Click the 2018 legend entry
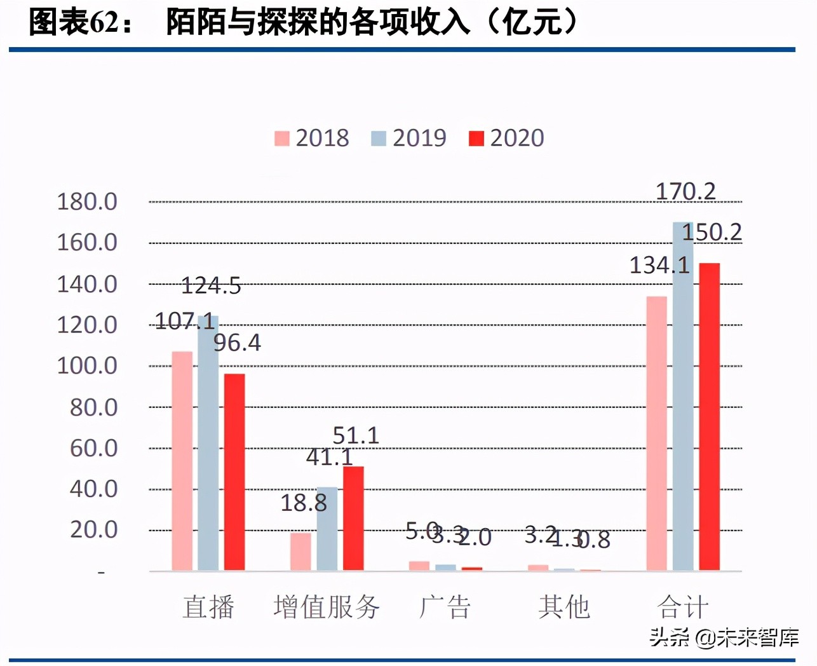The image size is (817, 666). pos(312,138)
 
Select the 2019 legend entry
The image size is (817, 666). pos(408,138)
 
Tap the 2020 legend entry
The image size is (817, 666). pos(506,138)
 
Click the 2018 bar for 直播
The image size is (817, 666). pos(182,461)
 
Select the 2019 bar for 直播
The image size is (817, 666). pos(208,443)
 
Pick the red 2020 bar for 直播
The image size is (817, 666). pos(234,472)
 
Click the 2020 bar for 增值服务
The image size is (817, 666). pos(353,518)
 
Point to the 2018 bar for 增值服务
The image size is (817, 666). pos(301,551)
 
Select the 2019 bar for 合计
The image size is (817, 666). pos(683,396)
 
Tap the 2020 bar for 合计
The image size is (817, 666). pos(709,416)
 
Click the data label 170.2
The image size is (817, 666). pos(685,191)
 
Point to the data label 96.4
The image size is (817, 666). pos(237,343)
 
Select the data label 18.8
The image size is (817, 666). pos(304,503)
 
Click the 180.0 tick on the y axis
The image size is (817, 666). pos(87,202)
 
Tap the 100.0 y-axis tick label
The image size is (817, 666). pos(87,366)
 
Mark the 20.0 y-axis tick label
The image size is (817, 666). pos(93,529)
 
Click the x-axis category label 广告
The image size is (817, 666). pos(445,607)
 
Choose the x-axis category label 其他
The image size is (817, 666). pos(564,607)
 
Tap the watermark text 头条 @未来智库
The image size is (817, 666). pos(724,637)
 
